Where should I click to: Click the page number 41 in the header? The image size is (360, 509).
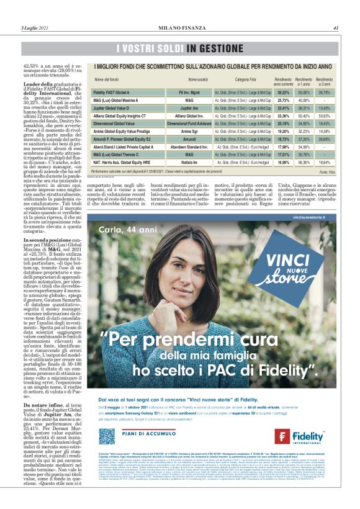tap(336, 10)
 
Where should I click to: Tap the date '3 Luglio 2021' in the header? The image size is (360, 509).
tap(35, 10)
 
